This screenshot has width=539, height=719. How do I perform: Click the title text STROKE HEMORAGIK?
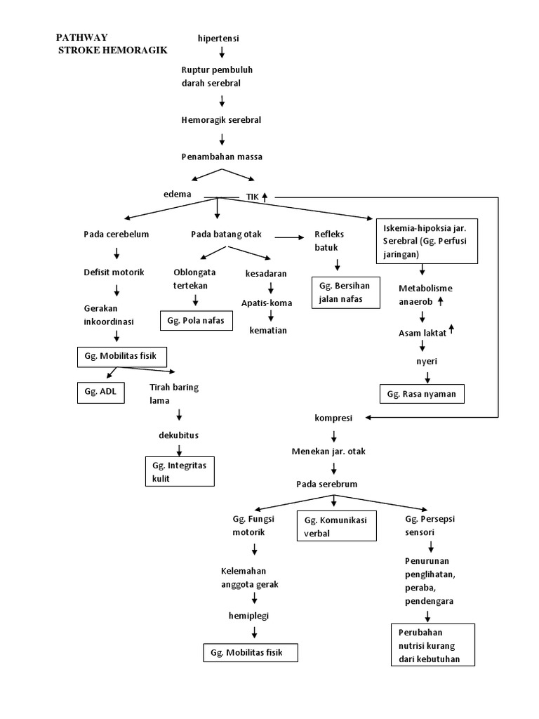[113, 51]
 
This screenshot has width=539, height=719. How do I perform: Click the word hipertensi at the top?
[219, 38]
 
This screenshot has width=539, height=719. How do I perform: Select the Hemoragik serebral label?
[221, 120]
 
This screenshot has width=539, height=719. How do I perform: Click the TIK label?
[252, 197]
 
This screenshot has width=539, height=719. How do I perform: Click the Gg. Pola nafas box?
[196, 320]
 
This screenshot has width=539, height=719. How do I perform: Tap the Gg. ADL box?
[100, 393]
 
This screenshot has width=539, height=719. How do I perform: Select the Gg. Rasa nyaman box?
[421, 394]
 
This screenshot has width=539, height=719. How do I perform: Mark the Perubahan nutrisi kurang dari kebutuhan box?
[432, 645]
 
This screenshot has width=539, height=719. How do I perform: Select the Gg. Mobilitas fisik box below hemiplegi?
[250, 652]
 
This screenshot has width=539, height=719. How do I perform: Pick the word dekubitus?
[178, 435]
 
